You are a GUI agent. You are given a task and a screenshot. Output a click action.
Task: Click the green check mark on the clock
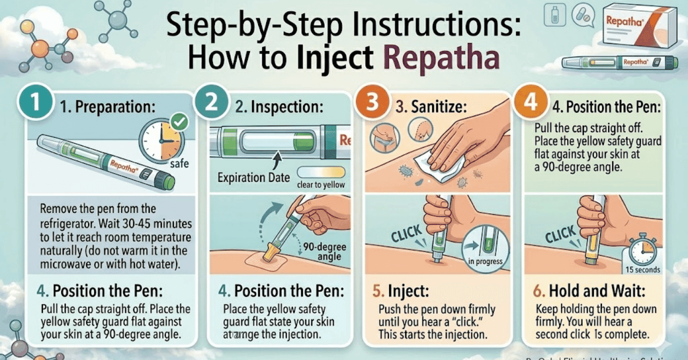pos(179,123)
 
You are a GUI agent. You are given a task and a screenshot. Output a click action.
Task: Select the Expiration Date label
pos(254,177)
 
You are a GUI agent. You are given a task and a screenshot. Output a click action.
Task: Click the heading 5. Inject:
pos(402,292)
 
